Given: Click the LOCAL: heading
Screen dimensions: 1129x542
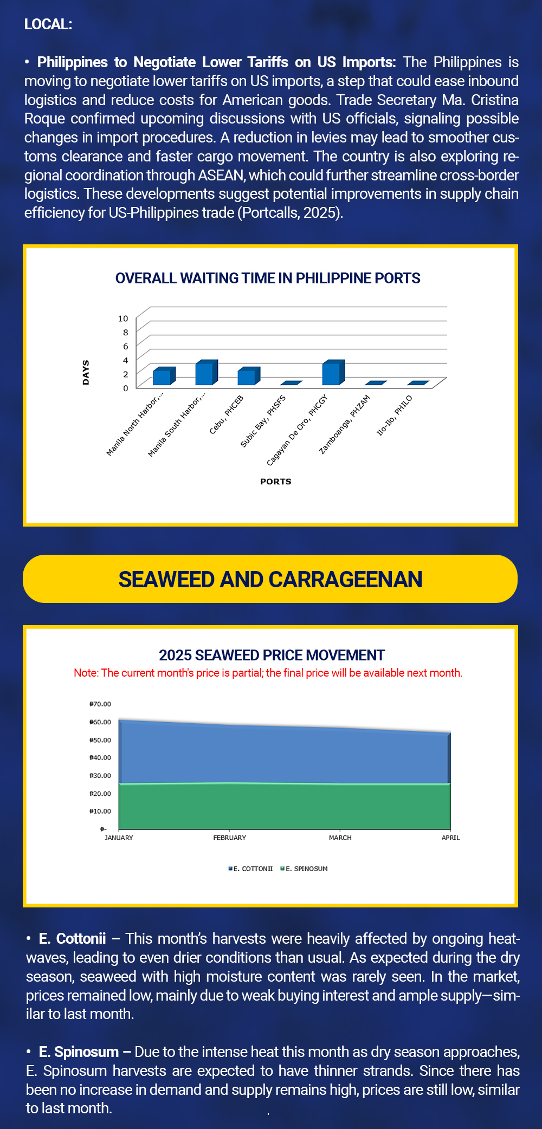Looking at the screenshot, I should click(x=48, y=24).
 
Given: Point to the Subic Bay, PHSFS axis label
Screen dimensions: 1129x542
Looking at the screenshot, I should click(x=263, y=421).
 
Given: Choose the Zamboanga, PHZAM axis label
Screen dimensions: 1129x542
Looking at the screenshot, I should click(x=345, y=424).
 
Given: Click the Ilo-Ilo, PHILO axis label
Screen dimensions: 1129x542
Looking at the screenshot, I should click(x=395, y=416).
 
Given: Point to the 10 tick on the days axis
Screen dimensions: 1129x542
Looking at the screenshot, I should click(x=123, y=319).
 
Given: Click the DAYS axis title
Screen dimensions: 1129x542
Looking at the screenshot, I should click(x=86, y=373).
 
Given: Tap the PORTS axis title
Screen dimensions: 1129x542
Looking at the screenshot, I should click(x=275, y=482).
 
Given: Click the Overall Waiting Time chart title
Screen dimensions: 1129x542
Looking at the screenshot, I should click(x=268, y=278).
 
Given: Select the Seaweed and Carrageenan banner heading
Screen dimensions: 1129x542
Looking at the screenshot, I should click(x=270, y=579).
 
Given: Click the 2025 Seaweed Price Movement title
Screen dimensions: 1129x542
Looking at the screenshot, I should click(x=272, y=656).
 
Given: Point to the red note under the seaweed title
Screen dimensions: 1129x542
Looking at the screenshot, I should click(x=268, y=673).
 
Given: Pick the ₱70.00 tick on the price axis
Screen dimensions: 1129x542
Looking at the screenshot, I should click(x=100, y=704).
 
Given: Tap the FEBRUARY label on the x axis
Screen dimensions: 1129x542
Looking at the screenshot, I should click(x=229, y=838).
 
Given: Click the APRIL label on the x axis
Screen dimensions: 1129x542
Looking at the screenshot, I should click(x=450, y=838).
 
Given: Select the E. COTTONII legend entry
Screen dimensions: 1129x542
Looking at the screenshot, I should click(x=251, y=868).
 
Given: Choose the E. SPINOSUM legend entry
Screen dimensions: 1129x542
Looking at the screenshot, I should click(x=305, y=868).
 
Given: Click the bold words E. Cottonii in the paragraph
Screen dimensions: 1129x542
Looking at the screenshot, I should click(x=72, y=938).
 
